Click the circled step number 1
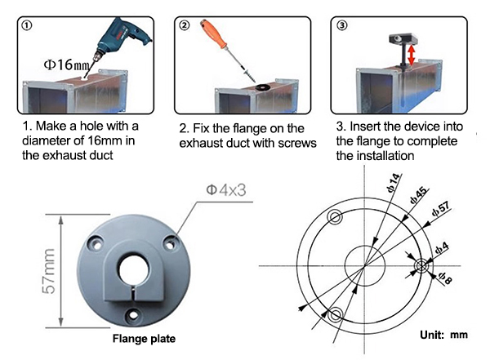point(28,24)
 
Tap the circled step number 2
point(185,24)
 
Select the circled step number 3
point(341,24)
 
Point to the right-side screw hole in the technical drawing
point(421,266)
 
